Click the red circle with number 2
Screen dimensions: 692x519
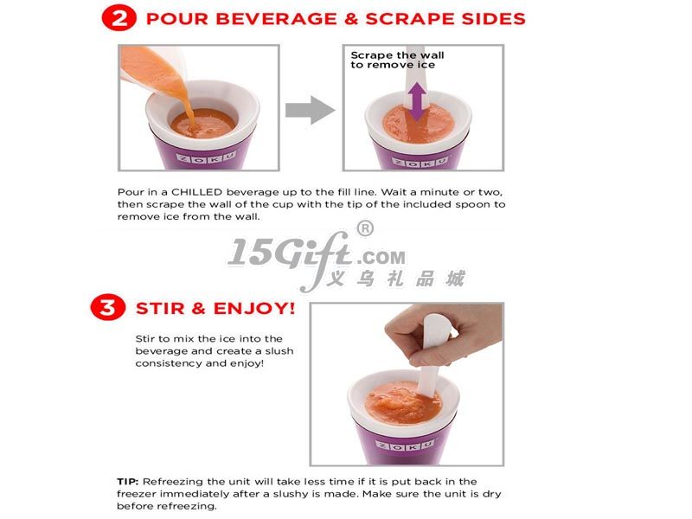pos(119,18)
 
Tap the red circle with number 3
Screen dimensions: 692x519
pos(107,307)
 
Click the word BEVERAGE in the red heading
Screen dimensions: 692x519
pos(276,19)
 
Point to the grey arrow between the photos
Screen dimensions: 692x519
pos(310,110)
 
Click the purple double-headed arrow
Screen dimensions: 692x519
pos(417,101)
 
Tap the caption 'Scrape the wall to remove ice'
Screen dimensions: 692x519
pos(397,60)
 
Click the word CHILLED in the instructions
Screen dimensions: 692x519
pos(196,192)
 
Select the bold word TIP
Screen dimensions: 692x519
pos(127,481)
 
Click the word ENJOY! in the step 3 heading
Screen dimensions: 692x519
pos(254,308)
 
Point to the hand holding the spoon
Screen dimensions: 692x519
pos(437,336)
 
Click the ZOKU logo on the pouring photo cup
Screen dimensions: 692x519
pos(206,157)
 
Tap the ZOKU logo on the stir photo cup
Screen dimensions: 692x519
pos(406,446)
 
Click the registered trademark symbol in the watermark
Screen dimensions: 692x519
pos(365,228)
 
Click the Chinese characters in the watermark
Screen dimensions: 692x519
pos(396,279)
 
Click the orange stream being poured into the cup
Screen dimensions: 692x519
pos(184,99)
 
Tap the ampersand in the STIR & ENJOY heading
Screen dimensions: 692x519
pos(199,308)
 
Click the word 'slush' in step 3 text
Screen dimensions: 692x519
pos(279,351)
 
